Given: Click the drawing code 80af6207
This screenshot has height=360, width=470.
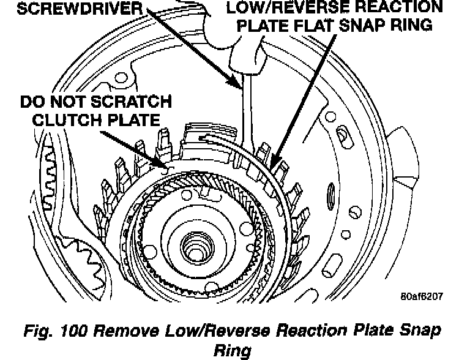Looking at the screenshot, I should pyautogui.click(x=422, y=297).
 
